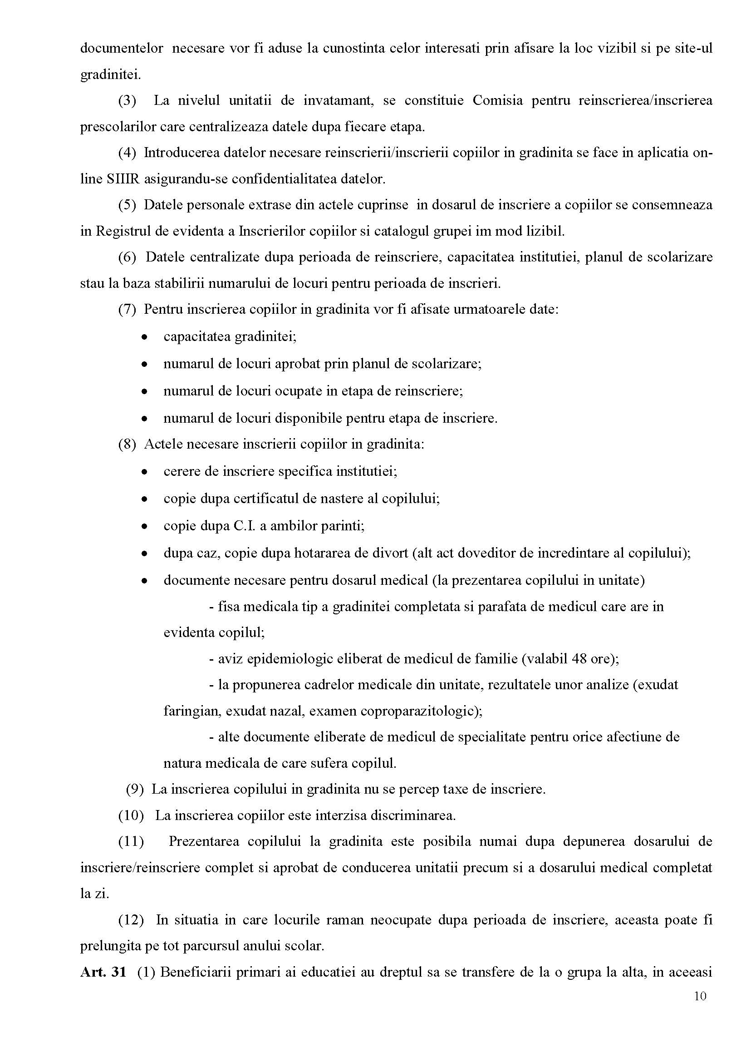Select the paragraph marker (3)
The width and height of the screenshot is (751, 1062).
pyautogui.click(x=127, y=100)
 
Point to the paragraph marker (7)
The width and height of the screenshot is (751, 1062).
pyautogui.click(x=127, y=309)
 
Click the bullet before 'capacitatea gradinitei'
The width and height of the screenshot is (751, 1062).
pyautogui.click(x=145, y=337)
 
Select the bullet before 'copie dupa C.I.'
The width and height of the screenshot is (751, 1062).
pyautogui.click(x=145, y=527)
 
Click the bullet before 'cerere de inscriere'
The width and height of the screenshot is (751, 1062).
pyautogui.click(x=145, y=473)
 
